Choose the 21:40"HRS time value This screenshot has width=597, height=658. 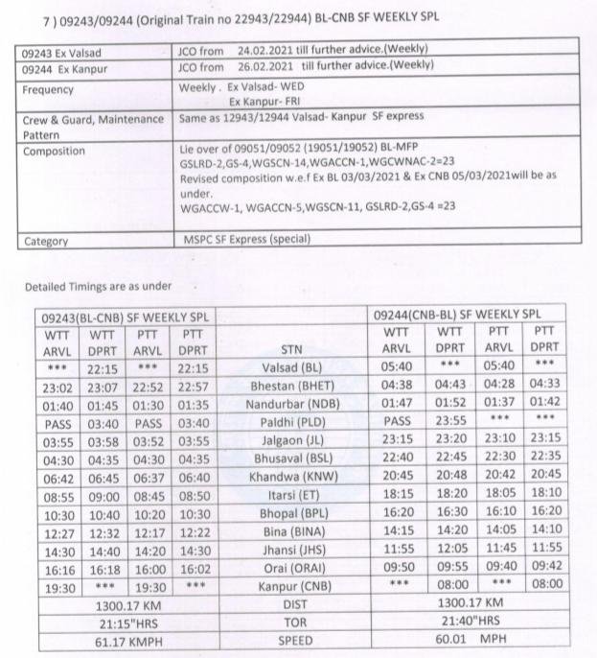pos(468,621)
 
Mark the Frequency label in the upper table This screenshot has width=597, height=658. pos(48,90)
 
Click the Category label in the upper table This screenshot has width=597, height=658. pos(46,242)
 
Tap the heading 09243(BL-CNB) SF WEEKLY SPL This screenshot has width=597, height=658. pos(118,316)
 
